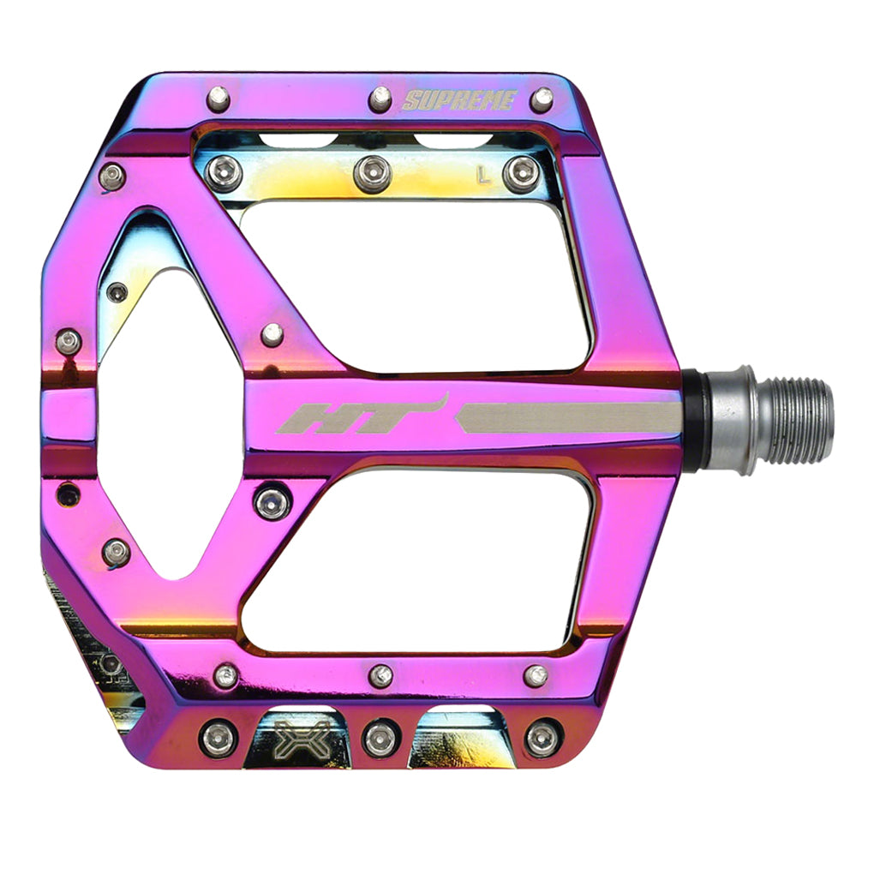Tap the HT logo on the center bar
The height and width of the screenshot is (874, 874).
click(x=360, y=416)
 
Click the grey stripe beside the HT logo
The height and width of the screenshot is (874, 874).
click(x=570, y=417)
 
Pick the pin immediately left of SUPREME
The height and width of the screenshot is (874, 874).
click(x=380, y=99)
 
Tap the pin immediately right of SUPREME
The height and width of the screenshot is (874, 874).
click(x=542, y=99)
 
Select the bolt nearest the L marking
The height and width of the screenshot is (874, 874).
click(x=522, y=174)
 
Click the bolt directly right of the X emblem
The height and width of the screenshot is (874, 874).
click(x=380, y=738)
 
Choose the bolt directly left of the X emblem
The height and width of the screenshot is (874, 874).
click(x=218, y=738)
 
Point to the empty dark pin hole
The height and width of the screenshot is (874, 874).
click(x=68, y=494)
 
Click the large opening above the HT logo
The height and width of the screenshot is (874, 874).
click(x=411, y=283)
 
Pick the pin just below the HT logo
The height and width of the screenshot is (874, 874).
click(x=272, y=502)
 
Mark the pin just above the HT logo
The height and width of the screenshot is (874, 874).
click(x=272, y=334)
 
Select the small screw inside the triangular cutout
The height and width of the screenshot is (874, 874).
click(x=117, y=292)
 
